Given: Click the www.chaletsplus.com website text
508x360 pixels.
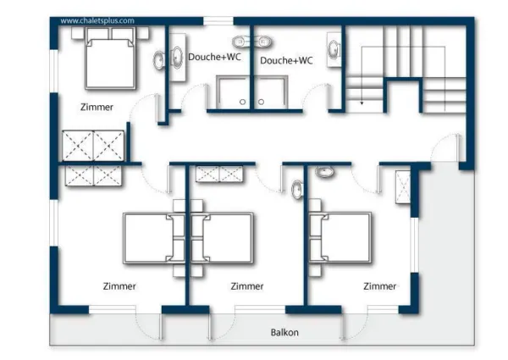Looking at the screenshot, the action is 97,20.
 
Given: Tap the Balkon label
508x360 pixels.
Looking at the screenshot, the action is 284,332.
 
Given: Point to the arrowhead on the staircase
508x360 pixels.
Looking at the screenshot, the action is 362,103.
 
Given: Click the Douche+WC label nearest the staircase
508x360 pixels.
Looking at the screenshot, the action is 286,61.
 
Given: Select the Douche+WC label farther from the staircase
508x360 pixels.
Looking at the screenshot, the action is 214,57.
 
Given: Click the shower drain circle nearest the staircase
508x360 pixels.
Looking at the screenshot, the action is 261,102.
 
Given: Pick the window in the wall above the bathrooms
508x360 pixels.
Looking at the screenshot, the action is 218,21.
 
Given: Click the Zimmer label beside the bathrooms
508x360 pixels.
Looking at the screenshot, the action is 97,107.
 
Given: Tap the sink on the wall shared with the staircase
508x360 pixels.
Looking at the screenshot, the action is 334,50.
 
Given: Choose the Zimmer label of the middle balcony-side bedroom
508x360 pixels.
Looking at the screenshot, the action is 247,286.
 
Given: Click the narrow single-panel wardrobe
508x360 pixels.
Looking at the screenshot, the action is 403,187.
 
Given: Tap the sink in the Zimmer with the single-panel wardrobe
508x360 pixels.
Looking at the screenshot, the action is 324,171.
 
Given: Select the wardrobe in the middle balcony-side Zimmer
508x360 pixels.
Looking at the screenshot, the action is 219,174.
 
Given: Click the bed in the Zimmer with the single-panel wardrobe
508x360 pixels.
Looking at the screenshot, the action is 340,237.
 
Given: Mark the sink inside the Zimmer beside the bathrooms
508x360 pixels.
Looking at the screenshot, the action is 159,61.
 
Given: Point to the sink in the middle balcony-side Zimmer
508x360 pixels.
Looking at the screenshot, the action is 297,190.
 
